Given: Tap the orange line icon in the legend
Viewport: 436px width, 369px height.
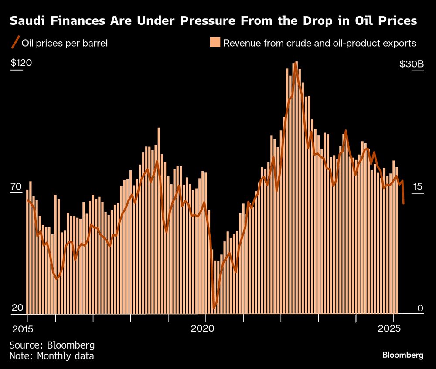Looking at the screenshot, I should [x=15, y=43].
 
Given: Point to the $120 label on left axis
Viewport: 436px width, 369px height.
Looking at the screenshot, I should [x=21, y=63].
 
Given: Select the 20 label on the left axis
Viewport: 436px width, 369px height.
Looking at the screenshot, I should [x=17, y=308].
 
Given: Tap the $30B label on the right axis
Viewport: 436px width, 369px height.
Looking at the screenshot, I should [x=411, y=64].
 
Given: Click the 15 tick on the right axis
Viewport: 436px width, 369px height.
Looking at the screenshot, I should [x=418, y=187].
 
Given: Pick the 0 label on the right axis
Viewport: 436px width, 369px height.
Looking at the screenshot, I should [x=420, y=308].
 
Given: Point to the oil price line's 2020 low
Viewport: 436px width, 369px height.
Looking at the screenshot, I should [x=214, y=308].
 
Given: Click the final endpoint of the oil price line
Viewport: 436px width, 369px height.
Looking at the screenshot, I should [x=403, y=203].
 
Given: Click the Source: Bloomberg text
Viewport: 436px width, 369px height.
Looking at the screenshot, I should [x=52, y=345].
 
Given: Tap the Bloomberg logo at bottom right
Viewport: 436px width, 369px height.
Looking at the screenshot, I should [x=402, y=355].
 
